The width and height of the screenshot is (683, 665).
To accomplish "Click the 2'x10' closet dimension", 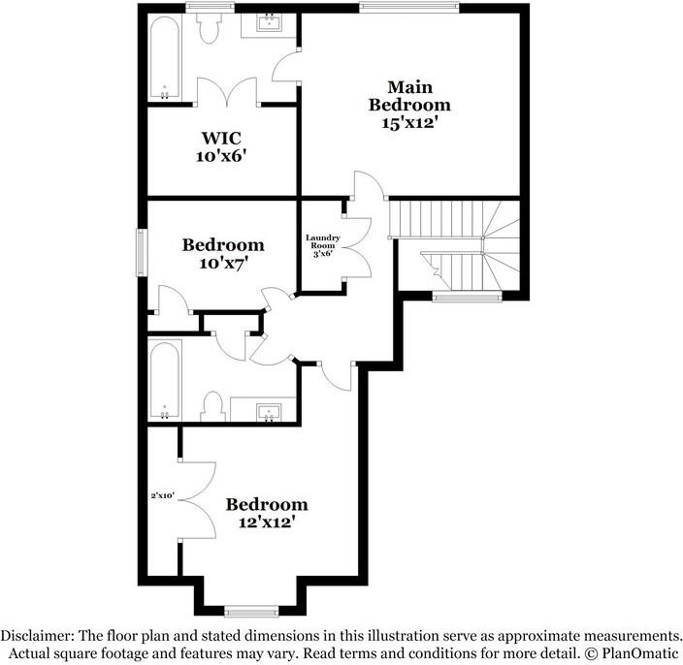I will click(161, 495).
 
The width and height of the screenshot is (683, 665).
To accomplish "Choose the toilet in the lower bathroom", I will click(214, 406).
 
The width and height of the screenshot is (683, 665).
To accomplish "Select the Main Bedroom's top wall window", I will click(407, 8).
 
